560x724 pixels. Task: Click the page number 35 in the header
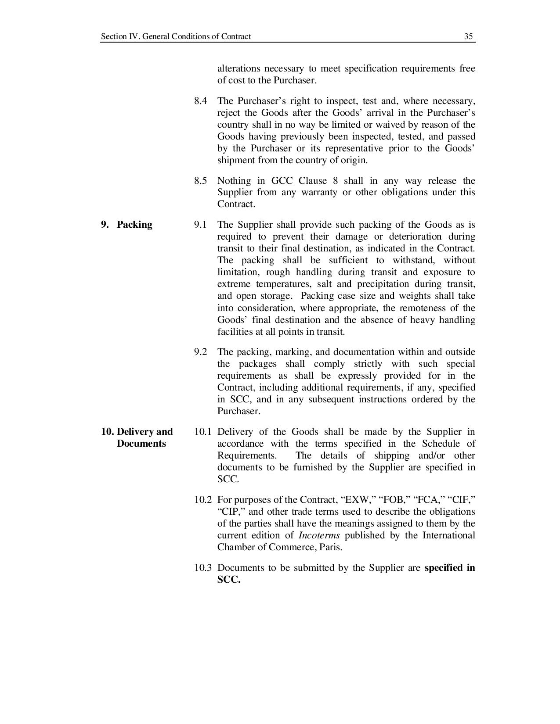click(x=469, y=36)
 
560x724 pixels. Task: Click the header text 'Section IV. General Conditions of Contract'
click(x=176, y=36)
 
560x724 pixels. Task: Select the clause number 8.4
click(x=200, y=101)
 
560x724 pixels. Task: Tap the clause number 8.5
click(x=200, y=181)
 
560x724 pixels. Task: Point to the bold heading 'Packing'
click(x=134, y=225)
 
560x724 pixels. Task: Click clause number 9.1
click(x=200, y=225)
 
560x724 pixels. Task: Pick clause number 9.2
click(x=200, y=352)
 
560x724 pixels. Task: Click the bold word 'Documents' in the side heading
click(x=141, y=444)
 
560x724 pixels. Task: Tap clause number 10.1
click(x=202, y=432)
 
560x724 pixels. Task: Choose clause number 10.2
click(x=202, y=500)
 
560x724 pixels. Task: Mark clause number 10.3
click(x=202, y=568)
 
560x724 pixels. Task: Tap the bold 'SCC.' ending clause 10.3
click(x=229, y=580)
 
